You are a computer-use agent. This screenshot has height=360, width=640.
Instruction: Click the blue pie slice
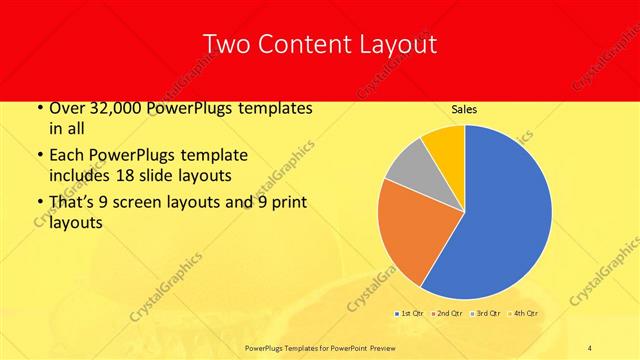pyautogui.click(x=505, y=215)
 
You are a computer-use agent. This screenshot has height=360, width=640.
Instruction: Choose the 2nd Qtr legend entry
pyautogui.click(x=448, y=314)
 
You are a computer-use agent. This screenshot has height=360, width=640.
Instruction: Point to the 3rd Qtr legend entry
pyautogui.click(x=487, y=314)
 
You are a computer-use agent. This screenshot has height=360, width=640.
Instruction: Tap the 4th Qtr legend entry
pyautogui.click(x=525, y=314)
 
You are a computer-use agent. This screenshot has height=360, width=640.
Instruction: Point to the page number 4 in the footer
pyautogui.click(x=590, y=346)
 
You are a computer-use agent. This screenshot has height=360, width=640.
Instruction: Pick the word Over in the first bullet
pyautogui.click(x=66, y=109)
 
